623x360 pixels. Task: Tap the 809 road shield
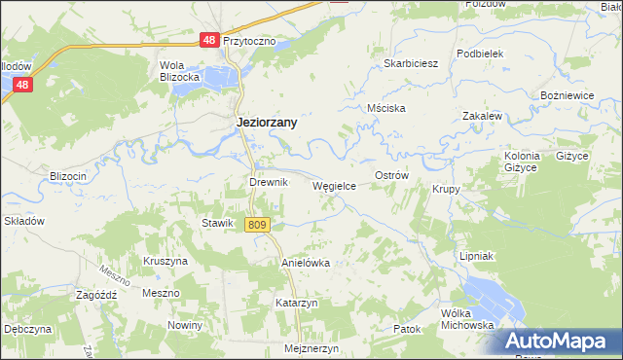click(x=256, y=225)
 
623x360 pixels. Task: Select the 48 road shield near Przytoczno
click(x=209, y=41)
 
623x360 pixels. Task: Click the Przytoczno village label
click(x=250, y=42)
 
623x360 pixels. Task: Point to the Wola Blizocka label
click(x=180, y=71)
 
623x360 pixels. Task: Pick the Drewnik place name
click(x=268, y=182)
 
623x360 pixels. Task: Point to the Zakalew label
click(x=482, y=115)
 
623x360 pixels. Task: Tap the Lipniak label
click(x=478, y=255)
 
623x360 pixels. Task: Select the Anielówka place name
click(x=306, y=263)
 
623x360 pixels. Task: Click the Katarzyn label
click(x=297, y=303)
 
